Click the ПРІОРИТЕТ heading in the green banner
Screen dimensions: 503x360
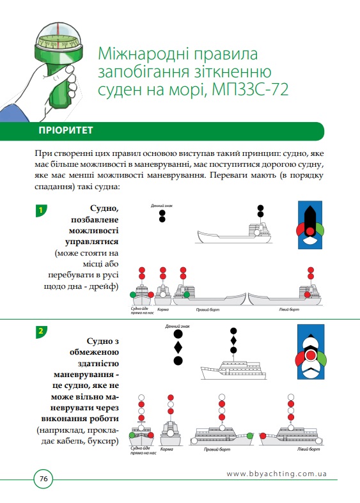tap(67, 131)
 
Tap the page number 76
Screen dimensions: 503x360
tap(44, 478)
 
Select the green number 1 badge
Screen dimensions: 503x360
tap(41, 210)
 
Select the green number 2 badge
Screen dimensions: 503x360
tap(41, 331)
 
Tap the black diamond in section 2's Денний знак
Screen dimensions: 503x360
tap(178, 347)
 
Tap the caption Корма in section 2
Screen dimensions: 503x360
tap(168, 449)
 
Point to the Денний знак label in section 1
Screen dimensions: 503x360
tap(162, 206)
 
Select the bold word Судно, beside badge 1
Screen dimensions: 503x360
tap(106, 208)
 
